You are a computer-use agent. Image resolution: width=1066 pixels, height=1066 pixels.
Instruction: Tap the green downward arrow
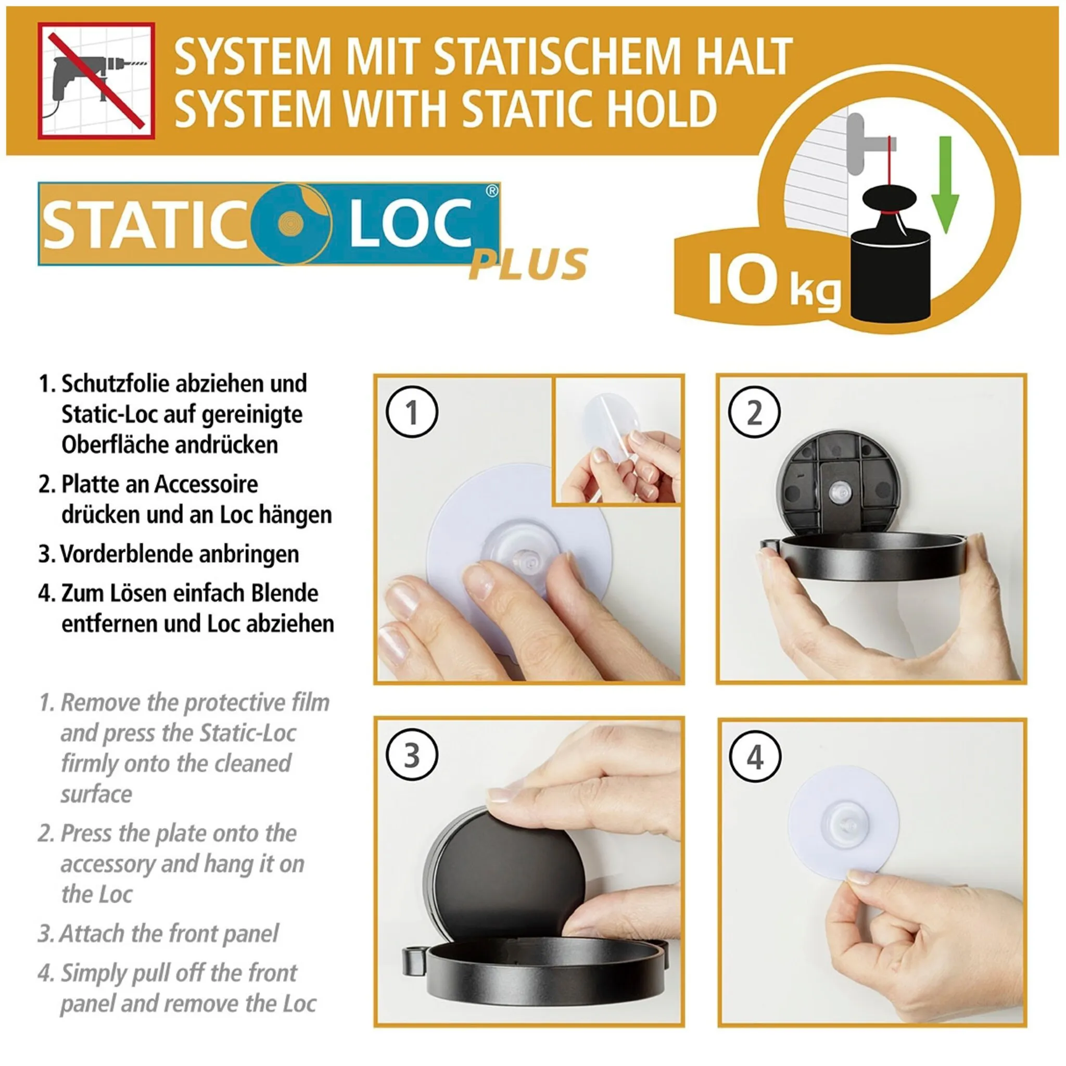coord(945,185)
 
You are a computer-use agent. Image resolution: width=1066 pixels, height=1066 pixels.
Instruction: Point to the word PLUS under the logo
coord(528,264)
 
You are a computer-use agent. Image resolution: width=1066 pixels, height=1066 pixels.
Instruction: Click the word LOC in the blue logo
coord(411,223)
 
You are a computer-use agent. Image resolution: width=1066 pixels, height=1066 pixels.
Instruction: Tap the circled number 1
coord(412,412)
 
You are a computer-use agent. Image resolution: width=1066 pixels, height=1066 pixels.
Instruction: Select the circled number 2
coord(754,412)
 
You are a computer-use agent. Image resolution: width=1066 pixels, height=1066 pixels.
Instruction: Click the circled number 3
coord(412,755)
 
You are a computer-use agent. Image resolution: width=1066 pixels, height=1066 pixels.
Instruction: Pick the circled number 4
coord(755,756)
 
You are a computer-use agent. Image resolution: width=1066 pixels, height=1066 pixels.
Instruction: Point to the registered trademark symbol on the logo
coord(491,191)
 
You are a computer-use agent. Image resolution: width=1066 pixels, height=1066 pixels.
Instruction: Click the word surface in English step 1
coord(97,794)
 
